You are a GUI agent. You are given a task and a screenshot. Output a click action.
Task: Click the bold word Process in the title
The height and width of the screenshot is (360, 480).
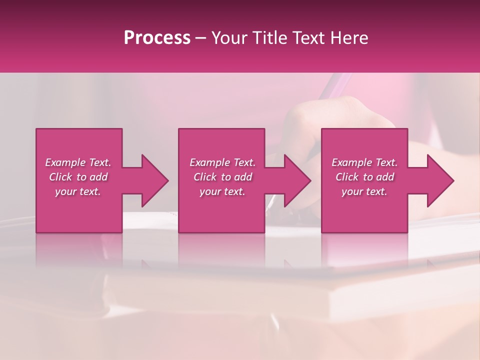pyautogui.click(x=157, y=38)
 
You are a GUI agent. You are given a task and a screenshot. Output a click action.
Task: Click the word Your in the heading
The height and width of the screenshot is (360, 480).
pyautogui.click(x=230, y=38)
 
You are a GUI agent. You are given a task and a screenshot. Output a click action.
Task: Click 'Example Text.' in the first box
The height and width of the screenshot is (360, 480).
pyautogui.click(x=78, y=162)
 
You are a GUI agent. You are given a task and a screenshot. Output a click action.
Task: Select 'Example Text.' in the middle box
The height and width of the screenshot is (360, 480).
pyautogui.click(x=222, y=162)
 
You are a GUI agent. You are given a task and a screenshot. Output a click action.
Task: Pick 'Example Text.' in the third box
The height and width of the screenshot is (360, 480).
pyautogui.click(x=364, y=162)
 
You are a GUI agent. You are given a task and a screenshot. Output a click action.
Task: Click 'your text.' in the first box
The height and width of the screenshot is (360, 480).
pyautogui.click(x=78, y=191)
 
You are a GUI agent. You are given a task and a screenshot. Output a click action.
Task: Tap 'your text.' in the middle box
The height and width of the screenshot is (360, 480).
pyautogui.click(x=222, y=191)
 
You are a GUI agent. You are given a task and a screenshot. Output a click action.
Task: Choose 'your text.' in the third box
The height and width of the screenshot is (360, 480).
pyautogui.click(x=364, y=191)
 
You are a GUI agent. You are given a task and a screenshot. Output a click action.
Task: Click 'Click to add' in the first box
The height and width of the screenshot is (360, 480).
pyautogui.click(x=78, y=177)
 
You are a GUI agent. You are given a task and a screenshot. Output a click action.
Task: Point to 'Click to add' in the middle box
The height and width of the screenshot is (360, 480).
pyautogui.click(x=222, y=177)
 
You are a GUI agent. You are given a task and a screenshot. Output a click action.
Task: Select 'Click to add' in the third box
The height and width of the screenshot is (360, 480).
pyautogui.click(x=364, y=177)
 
